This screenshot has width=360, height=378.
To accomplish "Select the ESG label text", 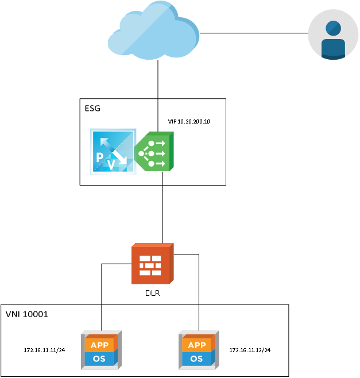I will click(x=92, y=108).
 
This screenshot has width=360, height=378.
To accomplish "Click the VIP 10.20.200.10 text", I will click(x=188, y=122).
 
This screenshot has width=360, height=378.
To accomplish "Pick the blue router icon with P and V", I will click(x=113, y=152).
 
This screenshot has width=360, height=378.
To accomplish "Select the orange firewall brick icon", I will click(x=152, y=264).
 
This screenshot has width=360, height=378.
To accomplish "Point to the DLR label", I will click(x=152, y=293).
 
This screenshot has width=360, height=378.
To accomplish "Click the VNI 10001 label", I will click(x=26, y=314).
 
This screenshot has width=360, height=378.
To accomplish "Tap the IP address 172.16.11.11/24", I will click(x=44, y=350).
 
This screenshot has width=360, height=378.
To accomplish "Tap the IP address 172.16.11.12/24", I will click(x=250, y=350).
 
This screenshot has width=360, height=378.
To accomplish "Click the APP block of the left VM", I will click(x=100, y=345).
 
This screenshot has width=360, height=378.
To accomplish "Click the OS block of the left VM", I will click(x=100, y=358).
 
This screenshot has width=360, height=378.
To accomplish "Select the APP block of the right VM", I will click(x=197, y=345).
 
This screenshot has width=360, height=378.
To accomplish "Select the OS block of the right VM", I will click(x=197, y=358).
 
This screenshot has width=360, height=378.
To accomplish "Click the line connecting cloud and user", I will click(x=253, y=33).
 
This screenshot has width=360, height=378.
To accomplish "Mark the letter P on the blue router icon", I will click(x=100, y=158).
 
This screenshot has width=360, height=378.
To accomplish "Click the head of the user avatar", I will click(x=332, y=28).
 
